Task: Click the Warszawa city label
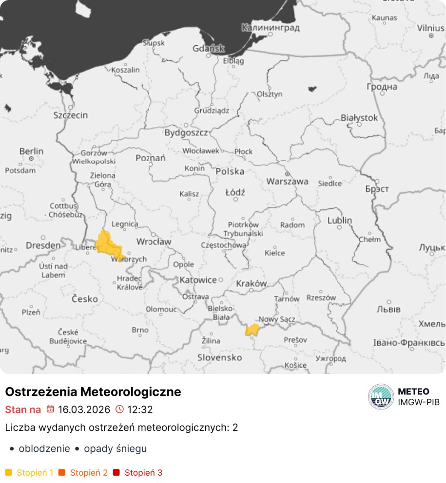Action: [x=287, y=181]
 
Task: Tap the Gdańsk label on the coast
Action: [x=208, y=48]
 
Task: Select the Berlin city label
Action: [x=31, y=151]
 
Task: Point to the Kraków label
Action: [x=252, y=283]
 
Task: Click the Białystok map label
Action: [x=359, y=118]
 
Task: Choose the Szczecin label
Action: [x=71, y=115]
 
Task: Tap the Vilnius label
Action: [x=430, y=28]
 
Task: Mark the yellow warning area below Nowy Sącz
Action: [x=252, y=330]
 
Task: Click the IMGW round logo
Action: [x=381, y=396]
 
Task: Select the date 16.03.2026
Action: [x=84, y=409]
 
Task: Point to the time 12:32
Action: [x=140, y=409]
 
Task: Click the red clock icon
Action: [x=120, y=409]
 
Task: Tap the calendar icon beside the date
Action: [x=50, y=409]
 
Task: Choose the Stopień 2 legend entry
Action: [x=88, y=472]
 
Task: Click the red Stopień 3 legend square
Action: [x=116, y=472]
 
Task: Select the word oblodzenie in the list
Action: [x=44, y=448]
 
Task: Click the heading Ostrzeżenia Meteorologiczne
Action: [x=93, y=391]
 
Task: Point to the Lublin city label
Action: [x=339, y=220]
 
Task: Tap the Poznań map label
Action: [x=151, y=158]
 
